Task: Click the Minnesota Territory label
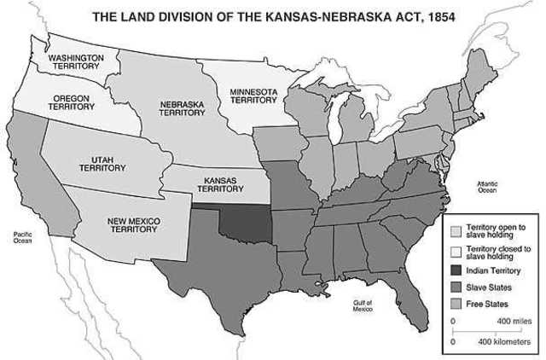tap(253, 95)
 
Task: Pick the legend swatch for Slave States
tap(456, 287)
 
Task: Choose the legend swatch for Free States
tap(456, 305)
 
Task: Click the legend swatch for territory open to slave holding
tap(456, 231)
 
